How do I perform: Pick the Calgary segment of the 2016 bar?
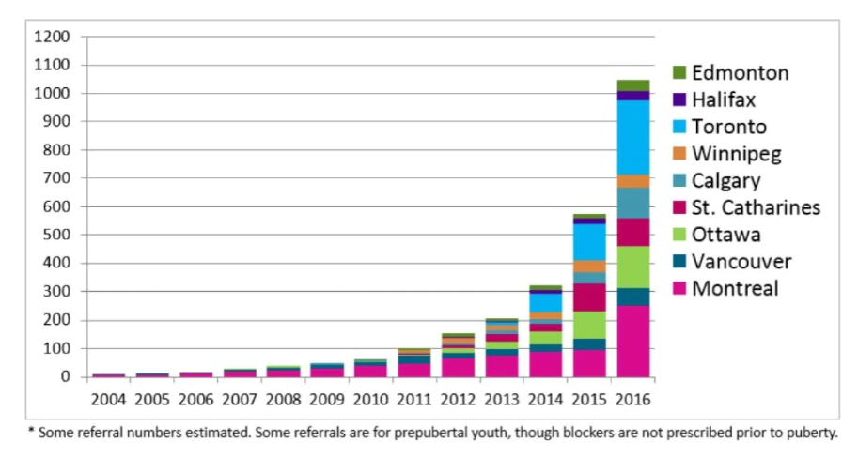pyautogui.click(x=632, y=203)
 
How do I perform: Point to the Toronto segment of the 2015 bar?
pyautogui.click(x=589, y=242)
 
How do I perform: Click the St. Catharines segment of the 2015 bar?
pyautogui.click(x=589, y=297)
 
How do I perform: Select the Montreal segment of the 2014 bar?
pyautogui.click(x=546, y=364)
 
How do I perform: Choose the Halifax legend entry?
pyautogui.click(x=724, y=99)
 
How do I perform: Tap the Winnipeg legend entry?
pyautogui.click(x=736, y=153)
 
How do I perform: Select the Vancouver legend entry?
pyautogui.click(x=741, y=261)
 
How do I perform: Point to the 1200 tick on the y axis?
pyautogui.click(x=54, y=38)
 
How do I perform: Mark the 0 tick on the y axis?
pyautogui.click(x=66, y=377)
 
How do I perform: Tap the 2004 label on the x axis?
pyautogui.click(x=109, y=398)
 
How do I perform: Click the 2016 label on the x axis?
pyautogui.click(x=632, y=398)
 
